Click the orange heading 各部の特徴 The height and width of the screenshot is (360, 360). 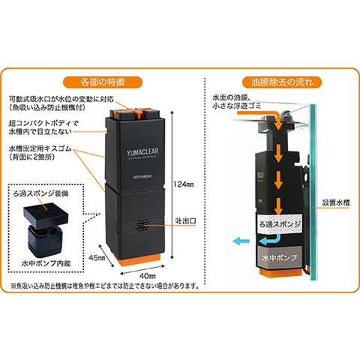click(112, 80)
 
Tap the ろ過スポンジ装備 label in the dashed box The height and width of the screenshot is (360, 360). click(44, 192)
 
